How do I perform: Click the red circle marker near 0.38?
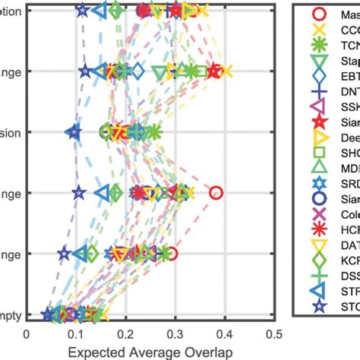216,193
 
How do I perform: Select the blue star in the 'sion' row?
73,132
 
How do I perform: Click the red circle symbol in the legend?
320,14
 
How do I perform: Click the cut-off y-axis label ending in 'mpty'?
11,314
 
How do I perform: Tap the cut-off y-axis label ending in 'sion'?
11,132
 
